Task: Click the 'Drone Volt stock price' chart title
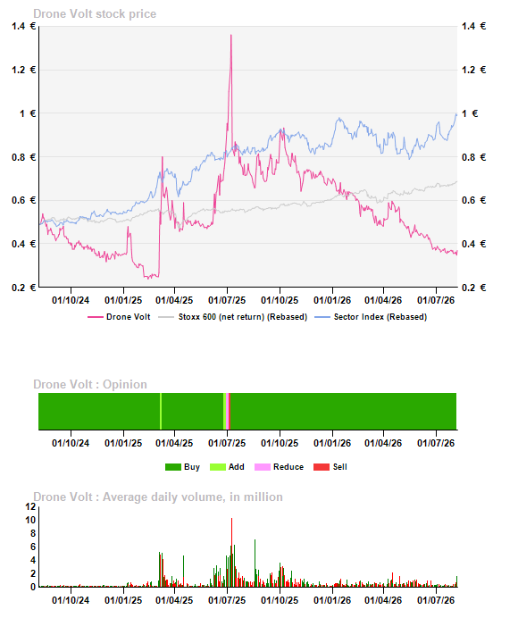pyautogui.click(x=95, y=14)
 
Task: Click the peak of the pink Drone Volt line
pyautogui.click(x=231, y=35)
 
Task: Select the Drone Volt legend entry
pyautogui.click(x=119, y=317)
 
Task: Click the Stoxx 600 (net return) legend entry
pyautogui.click(x=232, y=317)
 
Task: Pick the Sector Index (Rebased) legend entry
pyautogui.click(x=371, y=317)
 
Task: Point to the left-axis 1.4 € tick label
pyautogui.click(x=24, y=26)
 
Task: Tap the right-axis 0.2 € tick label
pyautogui.click(x=473, y=288)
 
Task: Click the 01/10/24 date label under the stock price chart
pyautogui.click(x=71, y=300)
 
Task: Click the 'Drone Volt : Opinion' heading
pyautogui.click(x=90, y=384)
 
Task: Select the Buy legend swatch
pyautogui.click(x=173, y=467)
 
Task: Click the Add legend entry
pyautogui.click(x=227, y=467)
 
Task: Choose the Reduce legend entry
pyautogui.click(x=279, y=467)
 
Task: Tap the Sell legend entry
pyautogui.click(x=330, y=467)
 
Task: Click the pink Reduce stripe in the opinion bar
pyautogui.click(x=228, y=412)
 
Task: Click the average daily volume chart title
pyautogui.click(x=158, y=497)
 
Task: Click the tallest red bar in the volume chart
pyautogui.click(x=231, y=553)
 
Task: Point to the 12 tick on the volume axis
pyautogui.click(x=30, y=506)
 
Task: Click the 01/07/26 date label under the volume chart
pyautogui.click(x=436, y=600)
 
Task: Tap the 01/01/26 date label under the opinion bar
pyautogui.click(x=332, y=443)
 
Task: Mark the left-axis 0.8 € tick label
pyautogui.click(x=24, y=157)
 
